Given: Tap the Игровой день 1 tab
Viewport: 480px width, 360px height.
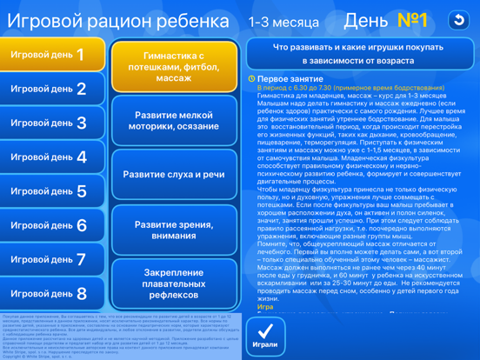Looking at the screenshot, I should tap(52, 55).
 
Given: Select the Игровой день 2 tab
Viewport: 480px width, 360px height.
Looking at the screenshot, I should tap(52, 89).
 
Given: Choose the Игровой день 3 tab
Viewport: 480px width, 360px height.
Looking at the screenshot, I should tap(52, 123).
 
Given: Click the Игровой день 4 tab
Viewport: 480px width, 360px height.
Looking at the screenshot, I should tap(52, 157).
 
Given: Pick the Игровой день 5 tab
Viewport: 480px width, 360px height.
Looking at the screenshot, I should tap(52, 191).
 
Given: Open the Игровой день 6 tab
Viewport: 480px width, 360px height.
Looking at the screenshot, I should tap(52, 225).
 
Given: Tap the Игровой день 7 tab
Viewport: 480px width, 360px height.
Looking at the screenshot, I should tap(52, 259).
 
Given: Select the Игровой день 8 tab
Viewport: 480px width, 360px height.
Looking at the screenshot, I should tap(52, 293).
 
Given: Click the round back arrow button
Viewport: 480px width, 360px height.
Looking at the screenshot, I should tap(458, 20).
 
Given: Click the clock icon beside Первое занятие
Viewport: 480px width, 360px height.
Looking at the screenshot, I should tap(251, 78).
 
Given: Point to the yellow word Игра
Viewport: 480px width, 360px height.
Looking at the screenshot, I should tap(265, 307).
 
